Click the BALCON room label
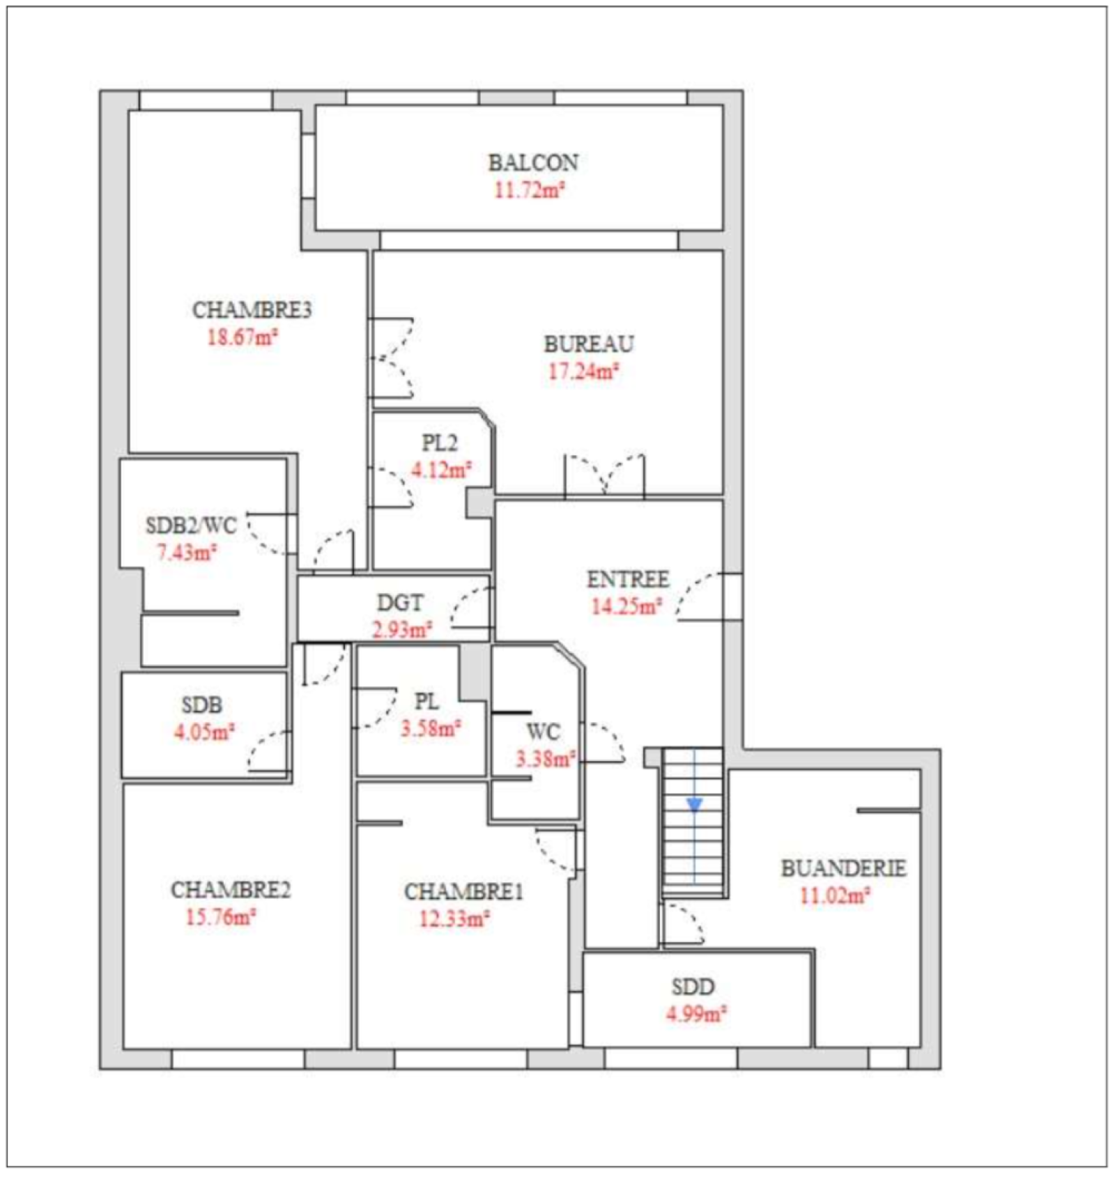[533, 162]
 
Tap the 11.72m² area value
[529, 190]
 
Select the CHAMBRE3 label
[252, 310]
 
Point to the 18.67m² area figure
[243, 337]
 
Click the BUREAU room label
[589, 344]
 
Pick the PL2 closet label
[440, 443]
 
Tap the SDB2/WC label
[191, 525]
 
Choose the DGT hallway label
[400, 603]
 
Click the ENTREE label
[628, 579]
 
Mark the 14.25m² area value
[626, 606]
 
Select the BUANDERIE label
[843, 868]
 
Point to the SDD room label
[693, 987]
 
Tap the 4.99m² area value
[696, 1014]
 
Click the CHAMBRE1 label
[463, 892]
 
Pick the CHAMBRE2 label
[231, 890]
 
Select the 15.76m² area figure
[221, 917]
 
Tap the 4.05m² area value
[204, 732]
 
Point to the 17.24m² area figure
[584, 371]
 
